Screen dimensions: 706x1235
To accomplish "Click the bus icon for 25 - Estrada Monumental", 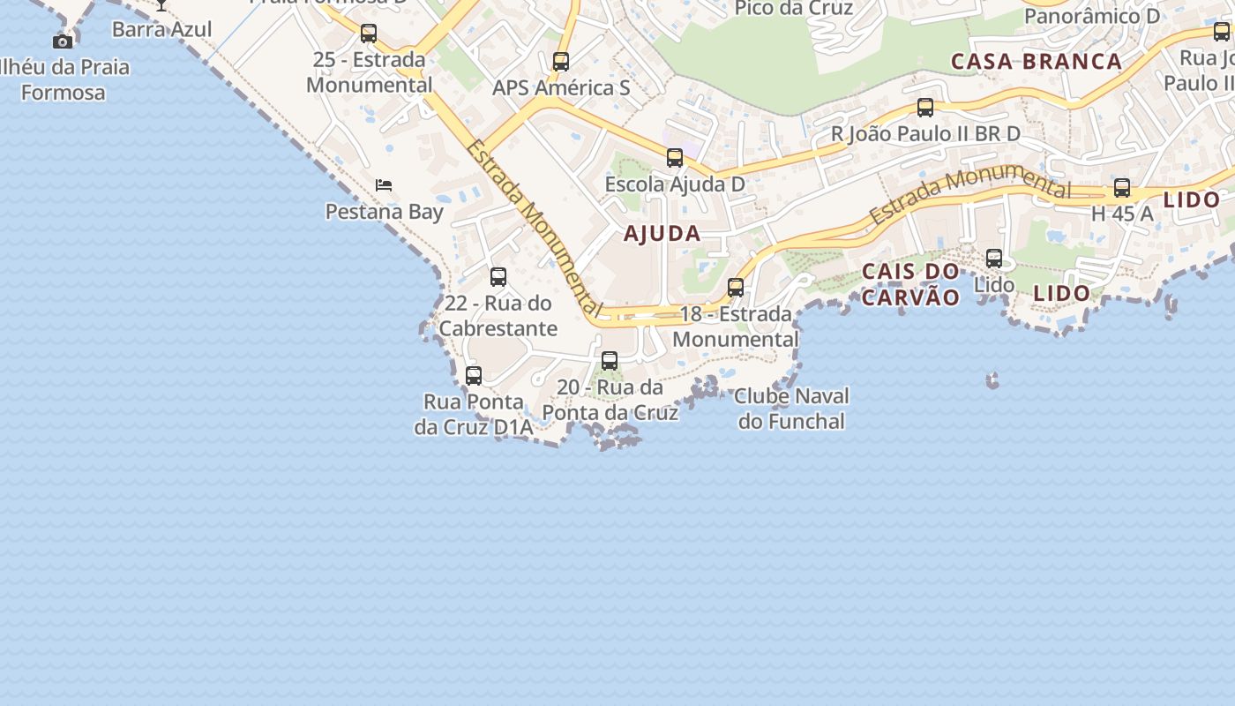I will tap(369, 34).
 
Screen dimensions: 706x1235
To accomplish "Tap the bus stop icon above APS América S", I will tap(560, 62).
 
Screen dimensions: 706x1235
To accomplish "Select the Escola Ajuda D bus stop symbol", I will tap(675, 158).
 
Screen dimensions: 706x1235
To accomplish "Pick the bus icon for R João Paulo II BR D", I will tap(925, 108).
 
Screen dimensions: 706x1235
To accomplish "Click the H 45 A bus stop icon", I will tap(1122, 188).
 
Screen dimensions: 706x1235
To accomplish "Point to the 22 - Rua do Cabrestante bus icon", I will tap(498, 277).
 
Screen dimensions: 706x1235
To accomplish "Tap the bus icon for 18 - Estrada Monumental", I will tap(736, 288).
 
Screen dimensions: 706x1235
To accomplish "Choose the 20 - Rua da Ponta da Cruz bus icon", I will tap(610, 361).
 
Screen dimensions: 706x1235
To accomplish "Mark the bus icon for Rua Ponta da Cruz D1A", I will tap(474, 376).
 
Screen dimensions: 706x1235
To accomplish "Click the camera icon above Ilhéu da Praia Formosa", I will tap(62, 41).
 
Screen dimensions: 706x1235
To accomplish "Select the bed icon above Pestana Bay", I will tap(384, 185).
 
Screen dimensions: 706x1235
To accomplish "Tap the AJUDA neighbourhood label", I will tap(662, 234).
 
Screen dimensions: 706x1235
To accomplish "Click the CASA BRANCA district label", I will tap(1037, 62).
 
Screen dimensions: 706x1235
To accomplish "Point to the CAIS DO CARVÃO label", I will tap(910, 284).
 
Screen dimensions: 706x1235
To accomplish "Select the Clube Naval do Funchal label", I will tap(791, 409).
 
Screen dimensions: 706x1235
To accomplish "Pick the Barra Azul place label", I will tap(162, 29).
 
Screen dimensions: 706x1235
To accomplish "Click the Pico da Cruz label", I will tap(794, 9).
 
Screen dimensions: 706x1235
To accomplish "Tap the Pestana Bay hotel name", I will tap(385, 212).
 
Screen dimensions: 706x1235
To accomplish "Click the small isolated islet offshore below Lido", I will tap(992, 380).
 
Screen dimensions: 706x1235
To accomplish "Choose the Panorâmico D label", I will tap(1092, 16).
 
